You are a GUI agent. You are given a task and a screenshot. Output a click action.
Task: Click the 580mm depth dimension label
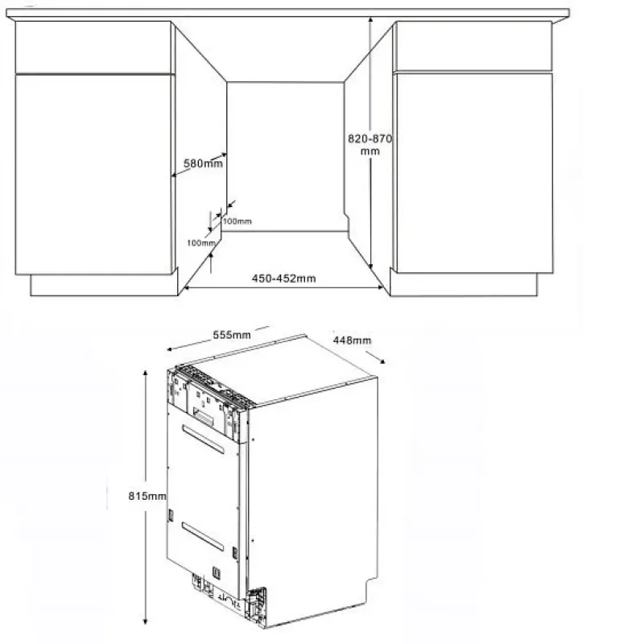203,163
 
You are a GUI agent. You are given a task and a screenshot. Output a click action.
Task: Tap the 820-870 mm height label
370,145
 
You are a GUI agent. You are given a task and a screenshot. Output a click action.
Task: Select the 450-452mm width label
284,279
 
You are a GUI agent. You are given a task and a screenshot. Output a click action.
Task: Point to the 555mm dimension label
232,335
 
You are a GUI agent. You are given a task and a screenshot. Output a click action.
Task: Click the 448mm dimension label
352,340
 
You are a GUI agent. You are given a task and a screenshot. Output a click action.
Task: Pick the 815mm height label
147,496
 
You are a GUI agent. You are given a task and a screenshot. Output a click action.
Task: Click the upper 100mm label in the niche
237,221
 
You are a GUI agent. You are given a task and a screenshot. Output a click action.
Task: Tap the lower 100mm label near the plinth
201,243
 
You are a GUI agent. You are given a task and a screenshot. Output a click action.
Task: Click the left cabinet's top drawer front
93,47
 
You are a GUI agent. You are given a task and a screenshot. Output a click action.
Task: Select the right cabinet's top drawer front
473,47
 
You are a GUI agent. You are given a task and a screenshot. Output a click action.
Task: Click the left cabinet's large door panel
94,175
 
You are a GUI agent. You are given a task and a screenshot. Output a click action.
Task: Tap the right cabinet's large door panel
474,172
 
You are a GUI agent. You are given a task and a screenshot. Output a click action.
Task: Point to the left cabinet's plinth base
105,285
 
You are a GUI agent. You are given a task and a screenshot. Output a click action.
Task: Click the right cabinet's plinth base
464,284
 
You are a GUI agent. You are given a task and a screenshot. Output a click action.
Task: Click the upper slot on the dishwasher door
204,439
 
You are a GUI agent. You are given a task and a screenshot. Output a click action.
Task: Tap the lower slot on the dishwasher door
203,536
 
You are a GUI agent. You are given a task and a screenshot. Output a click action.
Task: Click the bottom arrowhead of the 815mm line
145,621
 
